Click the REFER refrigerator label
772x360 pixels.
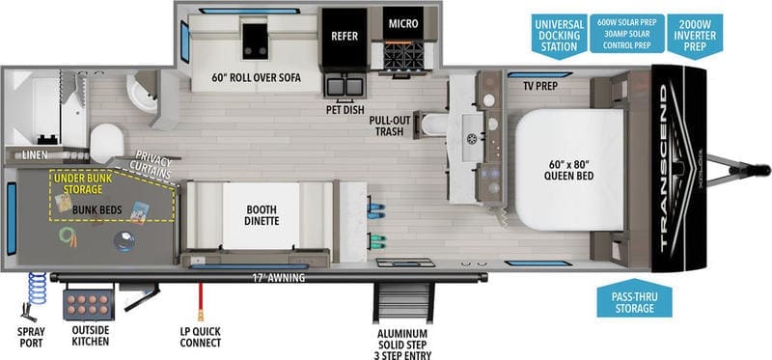click(x=345, y=36)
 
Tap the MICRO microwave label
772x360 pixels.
click(x=403, y=23)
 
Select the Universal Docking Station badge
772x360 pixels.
click(x=558, y=35)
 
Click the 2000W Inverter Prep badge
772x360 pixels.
click(x=695, y=35)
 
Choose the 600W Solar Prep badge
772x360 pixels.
click(x=626, y=33)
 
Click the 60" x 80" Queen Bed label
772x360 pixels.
click(x=568, y=170)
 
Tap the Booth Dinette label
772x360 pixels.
click(x=262, y=215)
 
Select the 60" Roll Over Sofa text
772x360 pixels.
click(x=256, y=78)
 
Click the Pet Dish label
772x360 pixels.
click(x=345, y=110)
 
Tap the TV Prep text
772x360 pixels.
click(x=540, y=86)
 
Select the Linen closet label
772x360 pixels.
click(x=35, y=155)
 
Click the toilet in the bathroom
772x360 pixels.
click(x=106, y=142)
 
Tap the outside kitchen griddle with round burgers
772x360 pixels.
click(x=89, y=304)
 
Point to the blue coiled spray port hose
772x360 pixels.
click(x=37, y=289)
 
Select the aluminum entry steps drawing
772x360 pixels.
click(x=403, y=300)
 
